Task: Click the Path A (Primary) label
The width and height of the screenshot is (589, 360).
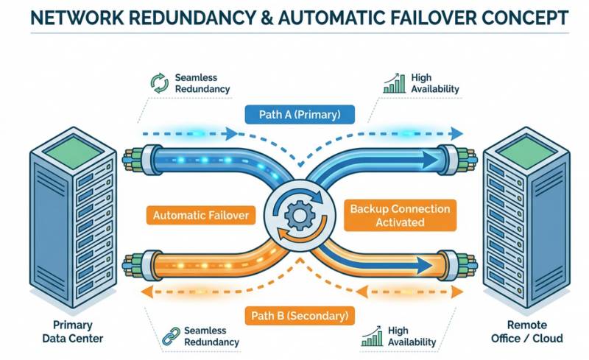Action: [x=300, y=114]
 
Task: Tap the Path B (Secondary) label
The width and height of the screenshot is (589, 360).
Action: [x=299, y=316]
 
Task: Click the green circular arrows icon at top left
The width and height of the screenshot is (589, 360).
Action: [x=159, y=83]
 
